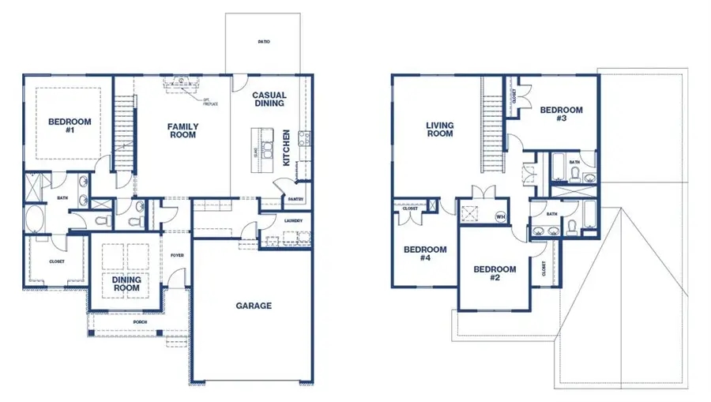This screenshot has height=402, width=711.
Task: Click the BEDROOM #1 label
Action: click(x=70, y=126)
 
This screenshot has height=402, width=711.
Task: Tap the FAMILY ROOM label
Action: click(x=182, y=130)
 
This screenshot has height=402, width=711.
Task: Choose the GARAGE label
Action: click(x=254, y=306)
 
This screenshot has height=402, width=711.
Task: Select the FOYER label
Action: click(x=177, y=255)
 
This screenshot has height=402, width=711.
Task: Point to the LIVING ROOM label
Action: click(x=439, y=129)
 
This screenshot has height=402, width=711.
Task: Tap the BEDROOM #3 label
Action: click(x=561, y=115)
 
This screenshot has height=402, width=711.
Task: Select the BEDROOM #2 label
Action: click(x=495, y=273)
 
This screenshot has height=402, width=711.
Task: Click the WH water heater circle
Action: click(x=499, y=216)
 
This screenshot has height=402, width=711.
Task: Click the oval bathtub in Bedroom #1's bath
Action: click(x=35, y=219)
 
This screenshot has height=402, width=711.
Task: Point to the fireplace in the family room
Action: click(x=181, y=81)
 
